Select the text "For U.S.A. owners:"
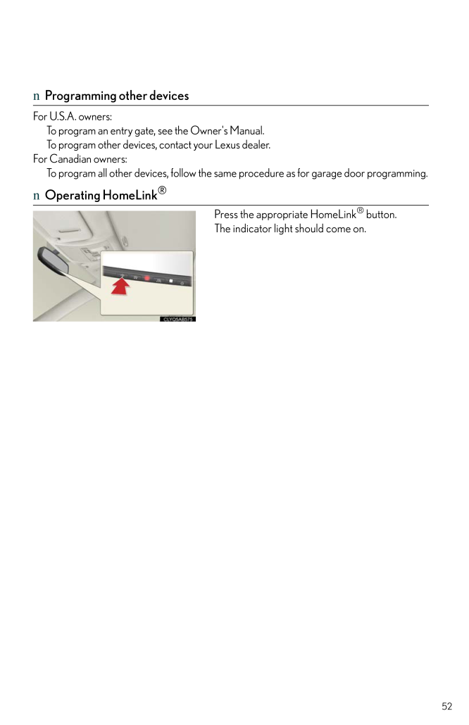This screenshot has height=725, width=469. pyautogui.click(x=73, y=117)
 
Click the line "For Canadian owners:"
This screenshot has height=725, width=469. pyautogui.click(x=80, y=159)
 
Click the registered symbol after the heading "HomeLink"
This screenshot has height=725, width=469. pyautogui.click(x=162, y=190)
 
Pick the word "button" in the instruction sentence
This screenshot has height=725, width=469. pyautogui.click(x=381, y=214)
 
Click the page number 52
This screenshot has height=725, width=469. pyautogui.click(x=447, y=706)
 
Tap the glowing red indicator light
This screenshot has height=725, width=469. pyautogui.click(x=147, y=278)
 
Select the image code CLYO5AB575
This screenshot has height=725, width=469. pyautogui.click(x=178, y=319)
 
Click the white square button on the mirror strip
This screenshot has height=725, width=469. pyautogui.click(x=170, y=281)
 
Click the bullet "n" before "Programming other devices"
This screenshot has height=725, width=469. pyautogui.click(x=37, y=96)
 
